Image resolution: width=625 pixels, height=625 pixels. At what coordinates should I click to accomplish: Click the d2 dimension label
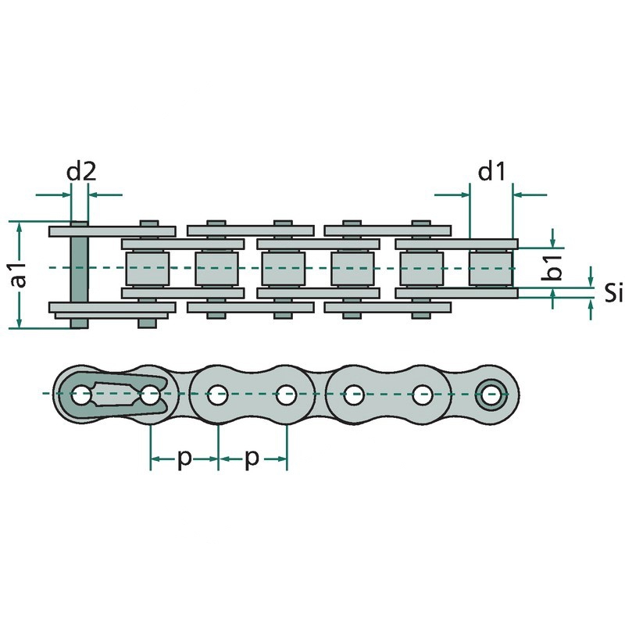coord(81,172)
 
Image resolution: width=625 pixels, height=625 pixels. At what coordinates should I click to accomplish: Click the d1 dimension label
coord(491,172)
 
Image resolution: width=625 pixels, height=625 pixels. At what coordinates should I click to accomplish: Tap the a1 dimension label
coord(19,275)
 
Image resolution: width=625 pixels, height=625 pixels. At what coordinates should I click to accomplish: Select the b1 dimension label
coord(552,268)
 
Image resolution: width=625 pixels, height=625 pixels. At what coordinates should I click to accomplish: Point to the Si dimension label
coord(612,293)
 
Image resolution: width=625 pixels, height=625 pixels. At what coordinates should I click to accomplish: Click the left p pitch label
coord(184,459)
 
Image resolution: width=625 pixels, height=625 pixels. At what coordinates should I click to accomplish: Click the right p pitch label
coord(252,459)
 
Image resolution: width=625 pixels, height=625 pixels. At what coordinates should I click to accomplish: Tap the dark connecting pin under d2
coord(80,275)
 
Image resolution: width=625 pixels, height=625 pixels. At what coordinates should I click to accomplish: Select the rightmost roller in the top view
coord(491,268)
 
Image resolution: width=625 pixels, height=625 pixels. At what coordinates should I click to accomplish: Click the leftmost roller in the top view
coord(148,268)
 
